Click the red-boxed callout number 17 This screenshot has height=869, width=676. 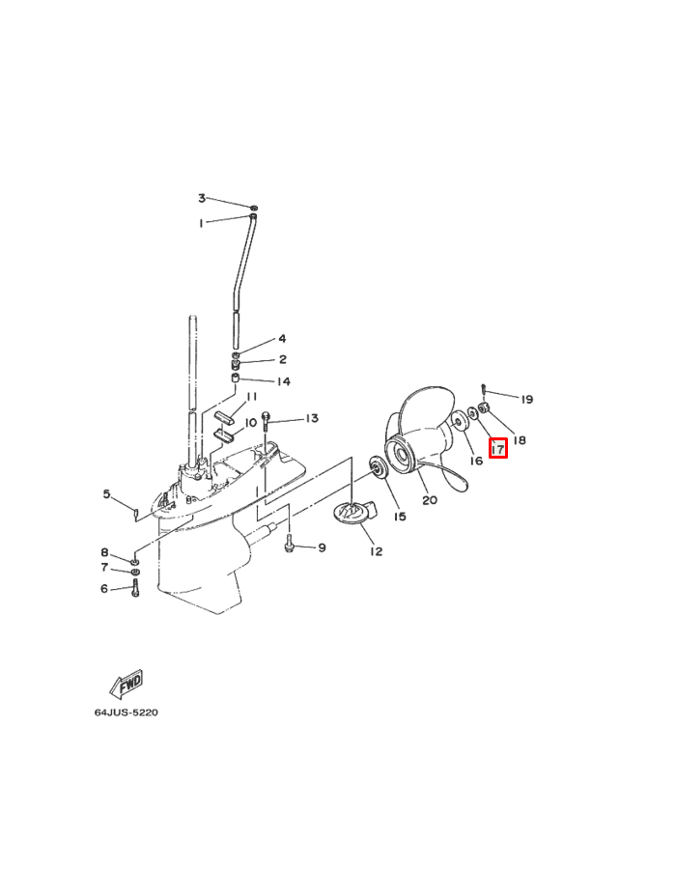498,448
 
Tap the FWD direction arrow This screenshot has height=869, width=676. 127,685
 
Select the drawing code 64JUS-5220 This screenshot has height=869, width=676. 126,713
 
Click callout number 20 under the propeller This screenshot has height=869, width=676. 430,500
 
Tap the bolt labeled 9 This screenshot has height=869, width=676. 289,545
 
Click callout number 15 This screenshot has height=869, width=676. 400,517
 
